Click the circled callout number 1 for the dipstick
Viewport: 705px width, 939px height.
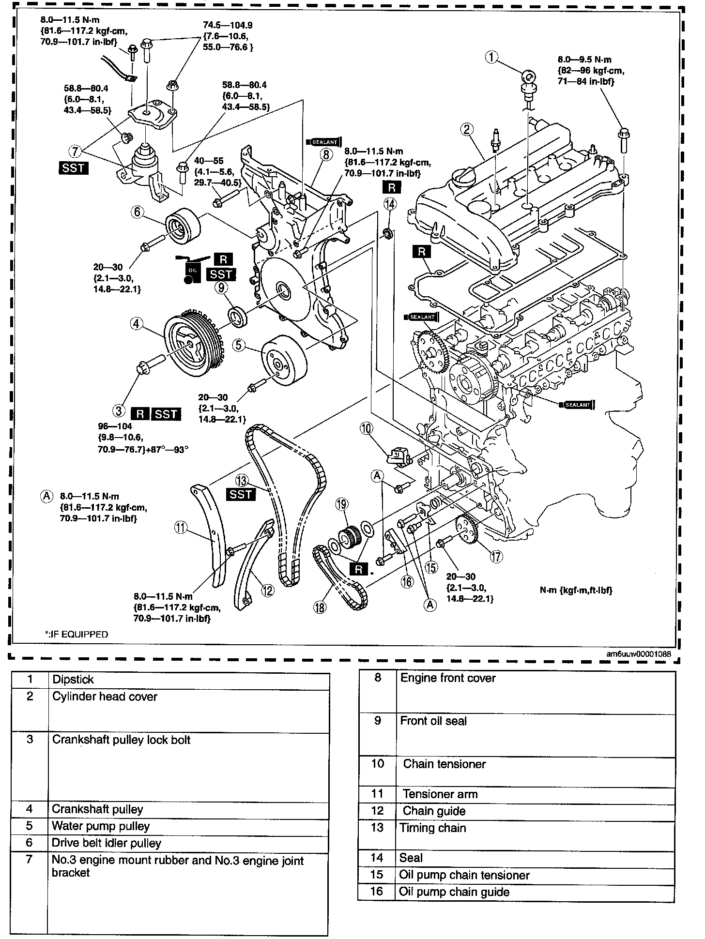(x=491, y=58)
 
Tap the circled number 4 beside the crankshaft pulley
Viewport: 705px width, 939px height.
(x=137, y=323)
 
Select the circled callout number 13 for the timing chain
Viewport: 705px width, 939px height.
(x=242, y=481)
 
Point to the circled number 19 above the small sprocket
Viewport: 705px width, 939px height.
(x=342, y=504)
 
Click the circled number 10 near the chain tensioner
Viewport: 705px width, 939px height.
(x=367, y=428)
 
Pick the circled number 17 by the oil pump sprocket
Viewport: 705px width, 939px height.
(x=496, y=557)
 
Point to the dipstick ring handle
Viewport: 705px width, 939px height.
(x=528, y=76)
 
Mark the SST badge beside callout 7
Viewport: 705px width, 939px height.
(x=73, y=168)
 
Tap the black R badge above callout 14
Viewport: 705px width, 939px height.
(x=391, y=187)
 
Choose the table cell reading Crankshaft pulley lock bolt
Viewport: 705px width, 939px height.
(x=121, y=740)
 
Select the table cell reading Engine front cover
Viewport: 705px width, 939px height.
(x=448, y=678)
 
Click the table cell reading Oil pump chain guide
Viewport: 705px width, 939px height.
(x=454, y=892)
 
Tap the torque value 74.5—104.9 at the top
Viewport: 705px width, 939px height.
(x=228, y=25)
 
